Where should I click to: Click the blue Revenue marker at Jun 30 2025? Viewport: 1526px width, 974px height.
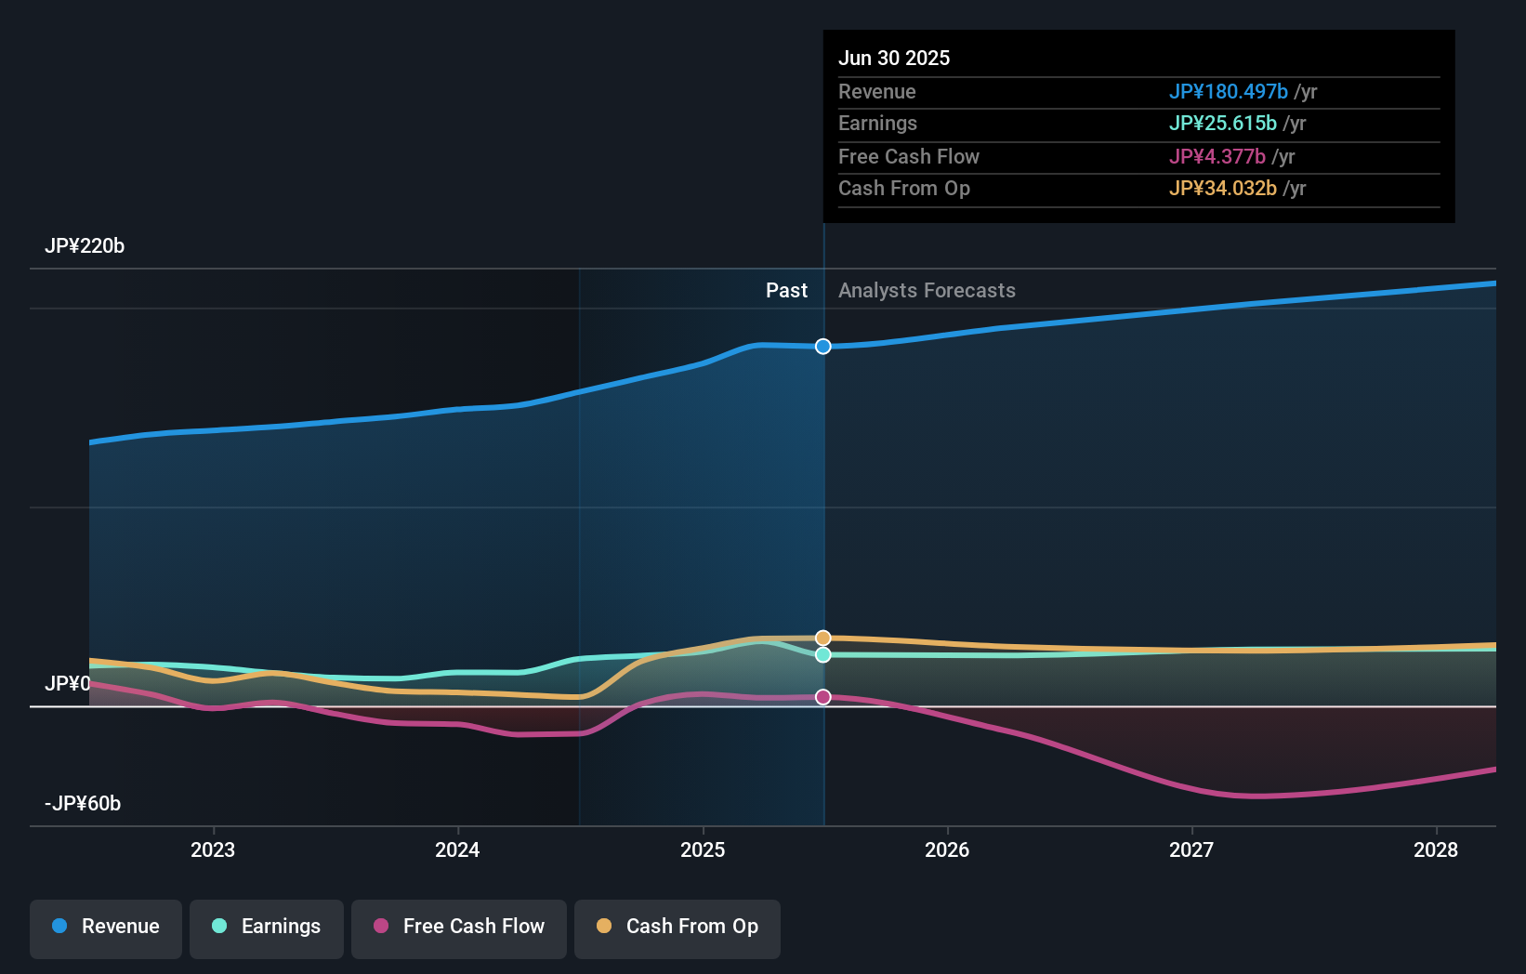(x=823, y=347)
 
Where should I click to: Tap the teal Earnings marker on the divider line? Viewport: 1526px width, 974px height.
(x=823, y=655)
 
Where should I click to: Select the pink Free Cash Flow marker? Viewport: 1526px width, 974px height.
(x=823, y=697)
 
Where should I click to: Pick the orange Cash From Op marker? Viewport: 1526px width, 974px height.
(x=823, y=638)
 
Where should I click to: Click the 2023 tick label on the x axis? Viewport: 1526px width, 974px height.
(x=213, y=849)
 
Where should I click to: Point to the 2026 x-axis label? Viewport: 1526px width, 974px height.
(x=947, y=849)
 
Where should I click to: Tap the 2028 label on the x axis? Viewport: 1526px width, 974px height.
(x=1436, y=849)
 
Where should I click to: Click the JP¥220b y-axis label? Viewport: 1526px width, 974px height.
(x=85, y=246)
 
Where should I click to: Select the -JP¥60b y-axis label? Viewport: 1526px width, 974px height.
(x=83, y=804)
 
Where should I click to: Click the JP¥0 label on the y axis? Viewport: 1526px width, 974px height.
(x=68, y=684)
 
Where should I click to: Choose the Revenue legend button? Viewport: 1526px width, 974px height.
(x=106, y=927)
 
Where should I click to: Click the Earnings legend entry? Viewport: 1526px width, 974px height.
(x=267, y=927)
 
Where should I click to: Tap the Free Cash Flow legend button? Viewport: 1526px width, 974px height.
(x=459, y=927)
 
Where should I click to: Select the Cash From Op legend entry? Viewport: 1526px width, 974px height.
(x=677, y=927)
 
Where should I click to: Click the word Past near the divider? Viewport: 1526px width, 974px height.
(x=786, y=291)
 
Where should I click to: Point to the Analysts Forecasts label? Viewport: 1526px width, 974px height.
(x=927, y=291)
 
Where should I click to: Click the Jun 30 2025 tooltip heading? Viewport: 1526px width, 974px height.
(x=894, y=59)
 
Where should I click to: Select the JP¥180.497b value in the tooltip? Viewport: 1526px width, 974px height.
(x=1228, y=92)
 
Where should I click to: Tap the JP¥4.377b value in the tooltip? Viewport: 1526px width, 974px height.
(x=1217, y=157)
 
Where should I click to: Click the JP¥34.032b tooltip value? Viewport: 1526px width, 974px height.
(x=1222, y=189)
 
